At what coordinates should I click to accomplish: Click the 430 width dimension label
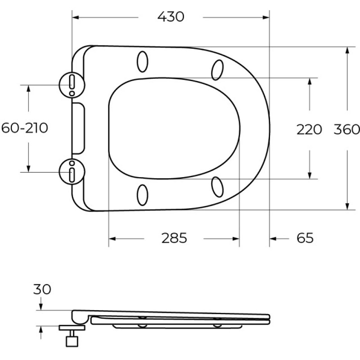click(x=171, y=17)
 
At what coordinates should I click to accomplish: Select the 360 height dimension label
click(x=346, y=129)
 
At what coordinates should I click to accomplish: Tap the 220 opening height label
click(x=309, y=130)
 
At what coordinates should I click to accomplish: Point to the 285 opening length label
click(x=174, y=238)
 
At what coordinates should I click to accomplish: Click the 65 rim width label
click(x=305, y=238)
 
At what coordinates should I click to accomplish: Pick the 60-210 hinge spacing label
click(x=25, y=128)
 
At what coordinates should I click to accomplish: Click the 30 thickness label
click(x=42, y=289)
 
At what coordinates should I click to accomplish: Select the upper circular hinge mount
click(x=72, y=85)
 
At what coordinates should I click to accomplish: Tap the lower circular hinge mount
click(x=72, y=172)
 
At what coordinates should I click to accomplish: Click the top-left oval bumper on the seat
click(x=143, y=62)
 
